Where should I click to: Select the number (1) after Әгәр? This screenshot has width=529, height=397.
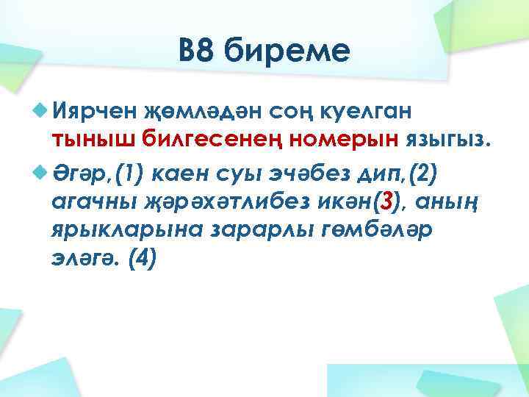tap(132, 174)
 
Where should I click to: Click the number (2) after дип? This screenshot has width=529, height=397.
tap(422, 174)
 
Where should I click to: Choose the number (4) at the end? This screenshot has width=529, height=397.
tap(142, 259)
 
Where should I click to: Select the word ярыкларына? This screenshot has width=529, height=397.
tap(126, 229)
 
